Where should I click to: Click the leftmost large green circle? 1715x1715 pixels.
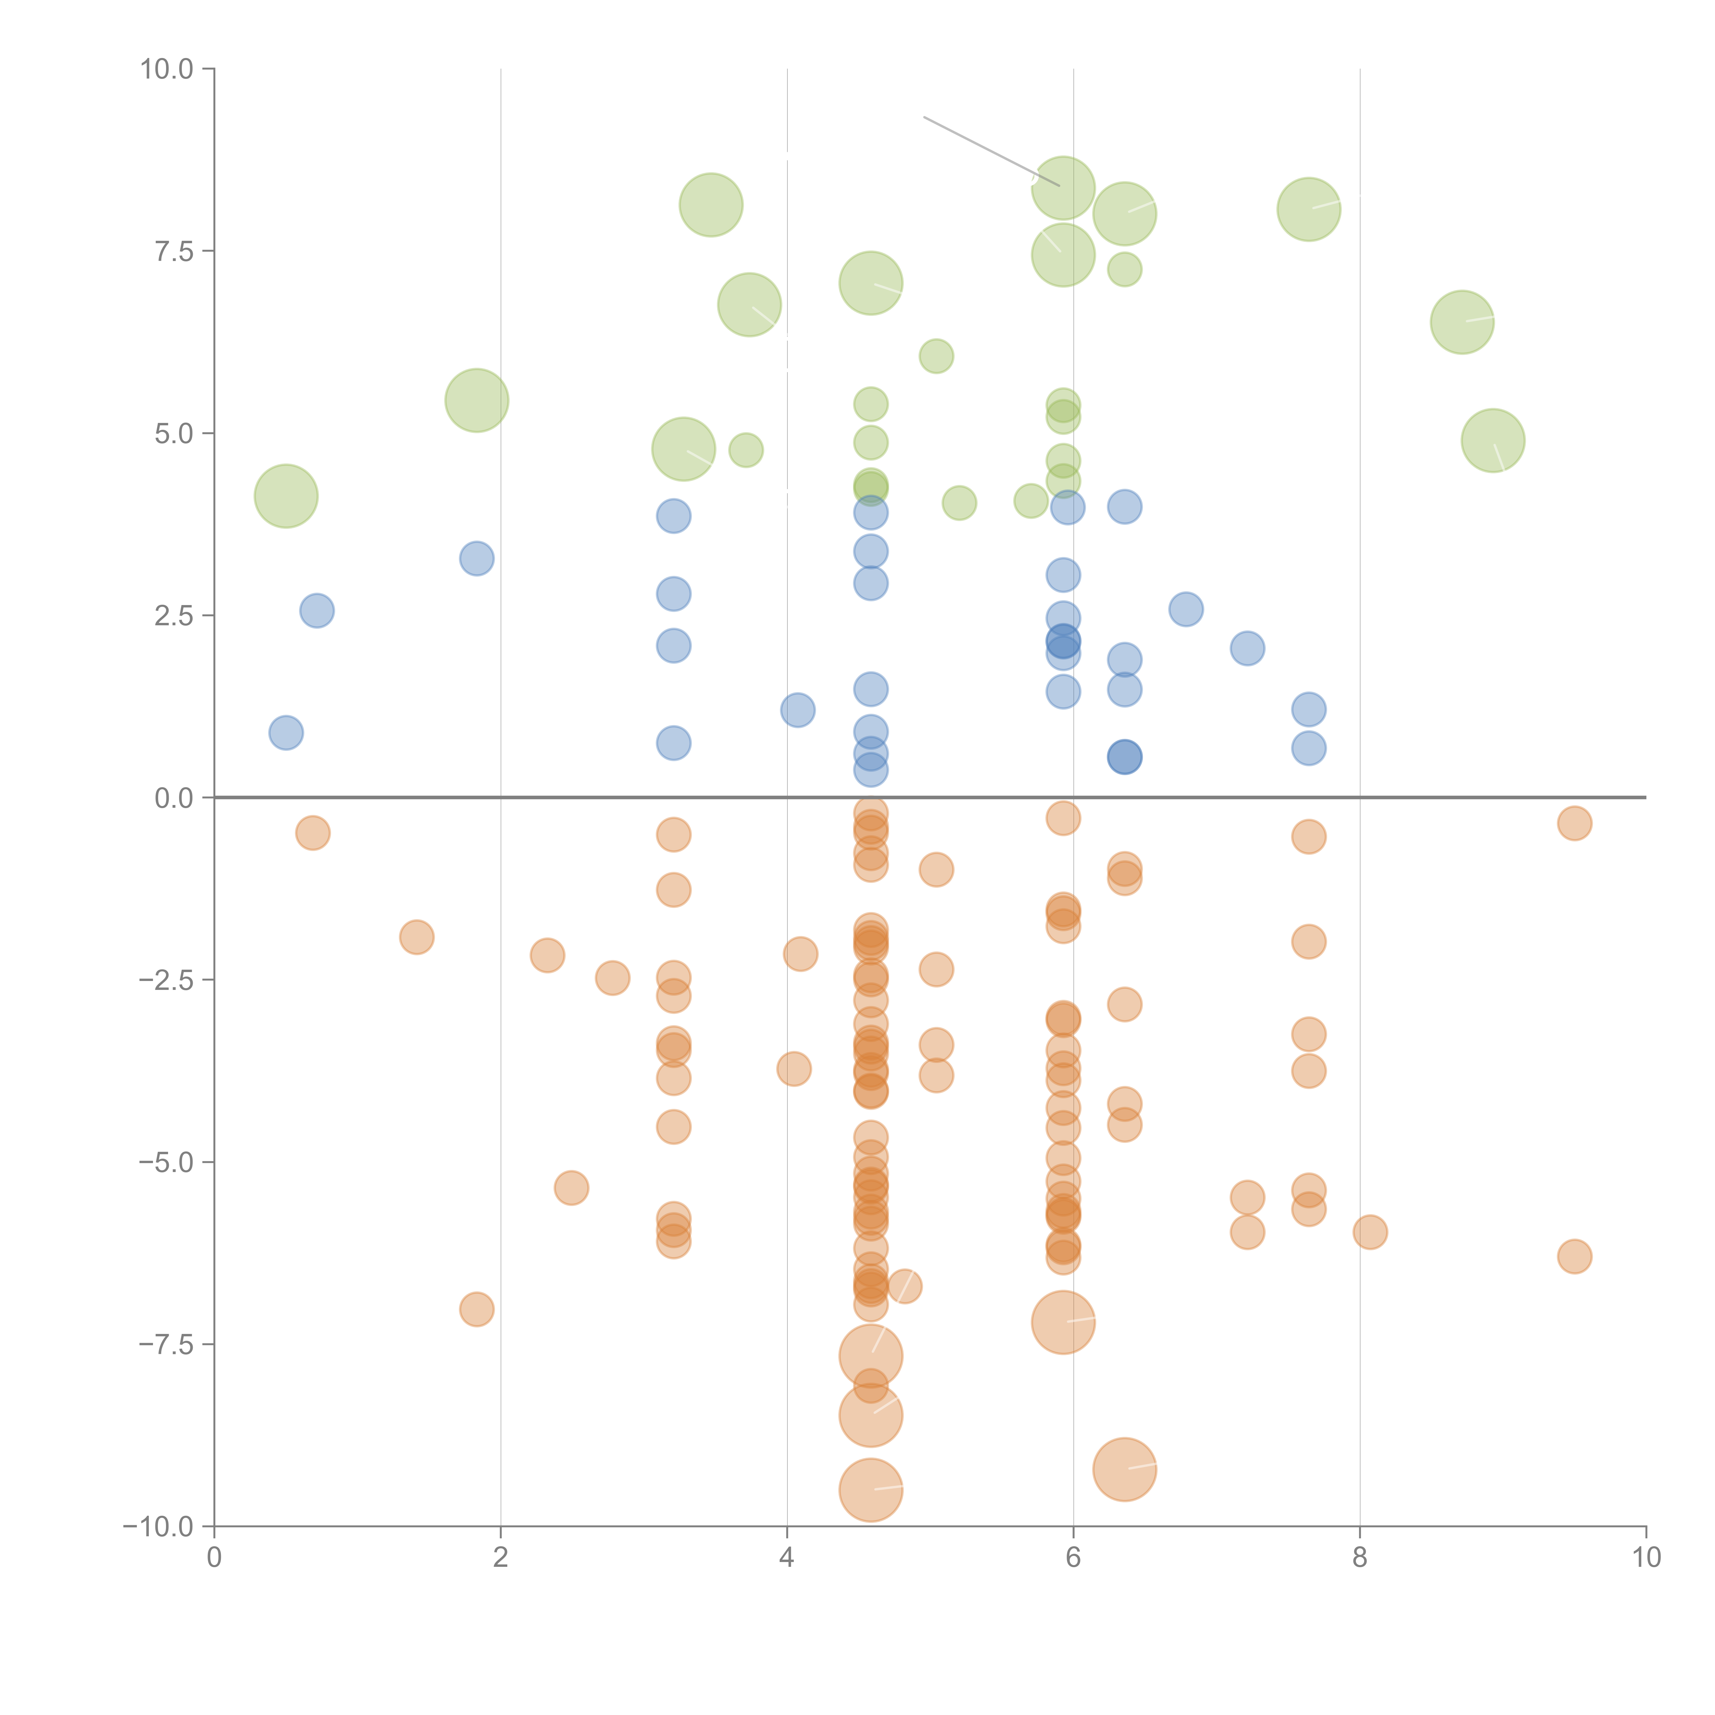click(286, 496)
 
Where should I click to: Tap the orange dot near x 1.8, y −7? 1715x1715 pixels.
click(477, 1309)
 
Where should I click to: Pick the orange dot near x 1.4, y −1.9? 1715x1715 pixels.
click(416, 936)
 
